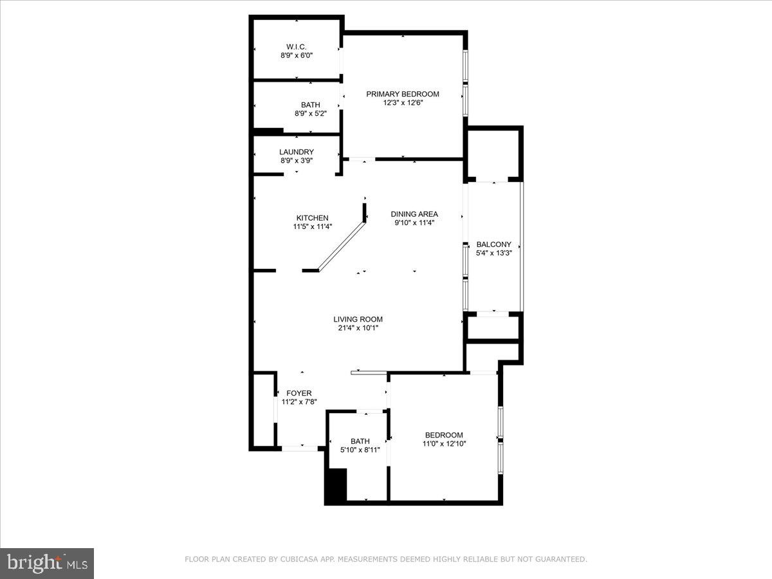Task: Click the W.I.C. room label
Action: [297, 46]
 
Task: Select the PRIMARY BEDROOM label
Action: [403, 94]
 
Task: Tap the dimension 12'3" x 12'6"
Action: [403, 102]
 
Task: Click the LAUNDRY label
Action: [297, 152]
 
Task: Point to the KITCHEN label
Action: [312, 218]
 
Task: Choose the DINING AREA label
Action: [414, 214]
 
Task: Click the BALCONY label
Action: [493, 244]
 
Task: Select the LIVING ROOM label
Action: [358, 319]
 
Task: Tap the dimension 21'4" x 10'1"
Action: [358, 327]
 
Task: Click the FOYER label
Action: [299, 393]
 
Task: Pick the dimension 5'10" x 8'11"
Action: [360, 450]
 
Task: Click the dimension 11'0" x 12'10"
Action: [444, 443]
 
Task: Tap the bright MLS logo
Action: [47, 563]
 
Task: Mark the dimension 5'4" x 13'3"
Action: [493, 253]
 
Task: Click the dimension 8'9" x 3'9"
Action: [297, 160]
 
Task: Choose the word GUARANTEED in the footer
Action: [561, 560]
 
